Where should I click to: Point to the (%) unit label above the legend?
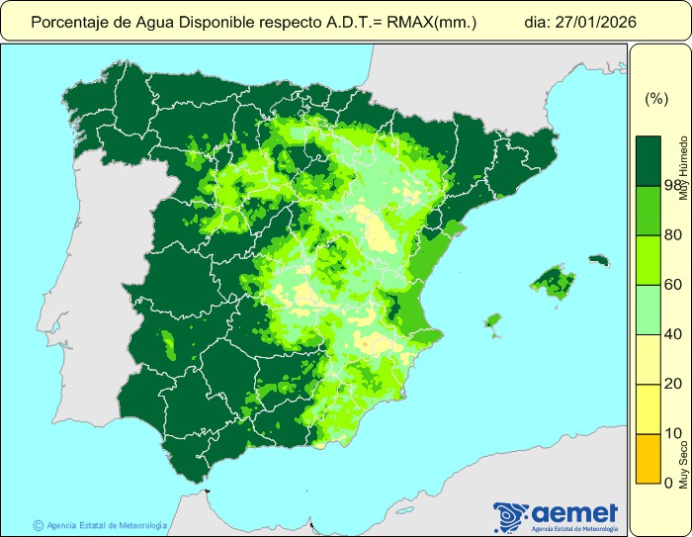pos(655,99)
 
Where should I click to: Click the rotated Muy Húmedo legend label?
pos(683,170)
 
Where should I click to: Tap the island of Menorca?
pos(597,260)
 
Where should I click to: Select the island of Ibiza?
pos(492,320)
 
